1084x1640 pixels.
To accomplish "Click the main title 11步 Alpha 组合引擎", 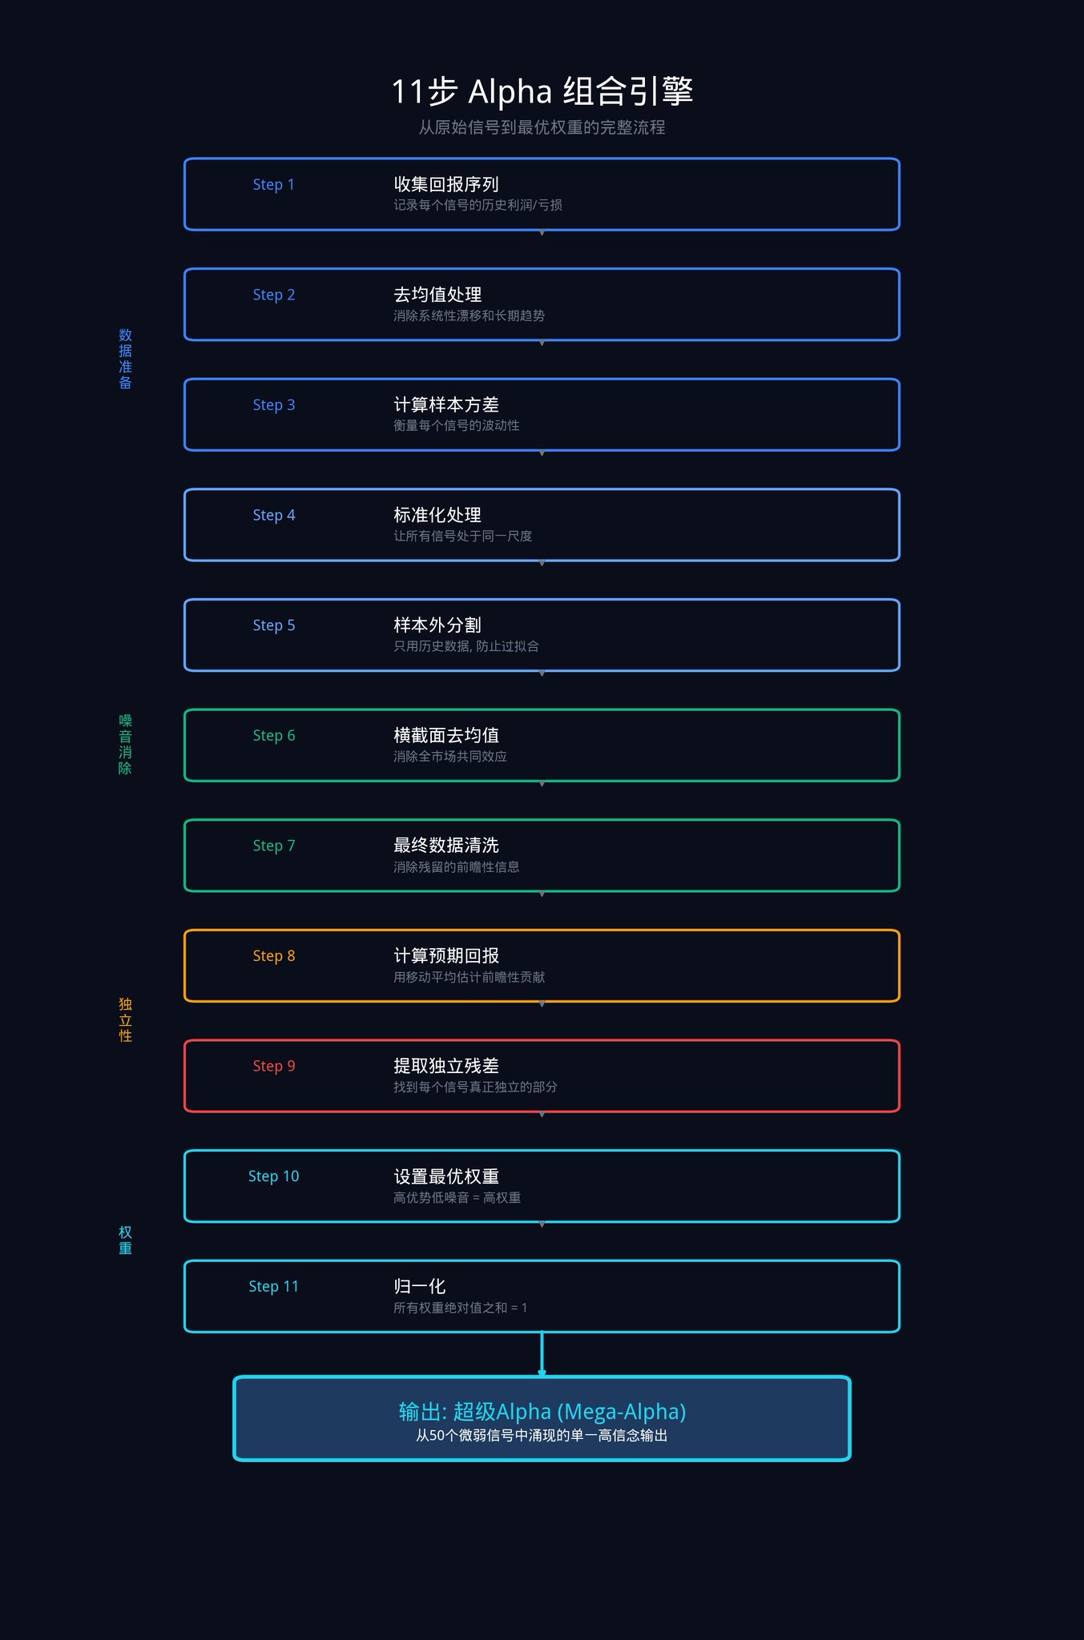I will click(x=542, y=91).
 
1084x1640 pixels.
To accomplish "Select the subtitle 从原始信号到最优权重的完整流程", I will click(x=542, y=127).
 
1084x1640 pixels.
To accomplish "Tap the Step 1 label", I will click(x=273, y=185).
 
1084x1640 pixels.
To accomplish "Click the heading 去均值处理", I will click(x=437, y=295).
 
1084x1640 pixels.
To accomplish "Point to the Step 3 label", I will click(x=273, y=405).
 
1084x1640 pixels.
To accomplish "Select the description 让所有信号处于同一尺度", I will click(x=462, y=536).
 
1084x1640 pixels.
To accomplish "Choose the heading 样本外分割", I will click(x=437, y=625).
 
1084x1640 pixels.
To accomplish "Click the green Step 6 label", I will click(x=273, y=736).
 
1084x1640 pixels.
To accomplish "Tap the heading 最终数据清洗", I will click(x=446, y=846).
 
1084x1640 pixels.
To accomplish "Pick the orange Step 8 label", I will click(x=273, y=956).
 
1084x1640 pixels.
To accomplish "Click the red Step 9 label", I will click(x=273, y=1066).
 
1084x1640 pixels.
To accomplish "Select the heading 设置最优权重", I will click(x=446, y=1176).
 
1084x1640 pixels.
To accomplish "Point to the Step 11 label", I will click(x=273, y=1287).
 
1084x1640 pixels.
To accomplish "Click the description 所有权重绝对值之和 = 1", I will click(x=460, y=1308).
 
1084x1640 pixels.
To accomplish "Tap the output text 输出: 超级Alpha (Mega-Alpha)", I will click(x=542, y=1412).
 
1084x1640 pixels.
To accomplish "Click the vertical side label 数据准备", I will click(x=125, y=359).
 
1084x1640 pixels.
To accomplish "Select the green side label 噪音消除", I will click(x=125, y=744).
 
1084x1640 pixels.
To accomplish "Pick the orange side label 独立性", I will click(x=125, y=1019).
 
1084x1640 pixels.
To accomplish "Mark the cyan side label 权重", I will click(x=125, y=1240).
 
